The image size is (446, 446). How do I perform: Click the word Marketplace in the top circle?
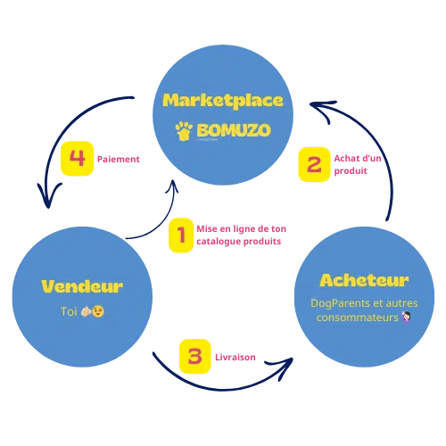click(x=223, y=99)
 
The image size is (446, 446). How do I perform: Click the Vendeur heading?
click(x=82, y=286)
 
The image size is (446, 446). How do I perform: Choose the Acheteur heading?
click(x=363, y=281)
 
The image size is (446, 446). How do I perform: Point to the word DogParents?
click(x=336, y=304)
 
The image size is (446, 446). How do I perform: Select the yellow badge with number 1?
click(x=181, y=235)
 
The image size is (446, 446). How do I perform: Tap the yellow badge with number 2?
click(x=313, y=164)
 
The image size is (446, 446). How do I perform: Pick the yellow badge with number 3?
click(x=194, y=355)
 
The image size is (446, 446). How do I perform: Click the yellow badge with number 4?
click(x=77, y=159)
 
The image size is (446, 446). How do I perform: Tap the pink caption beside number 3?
click(x=236, y=356)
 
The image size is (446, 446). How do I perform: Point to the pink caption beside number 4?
click(x=119, y=160)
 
